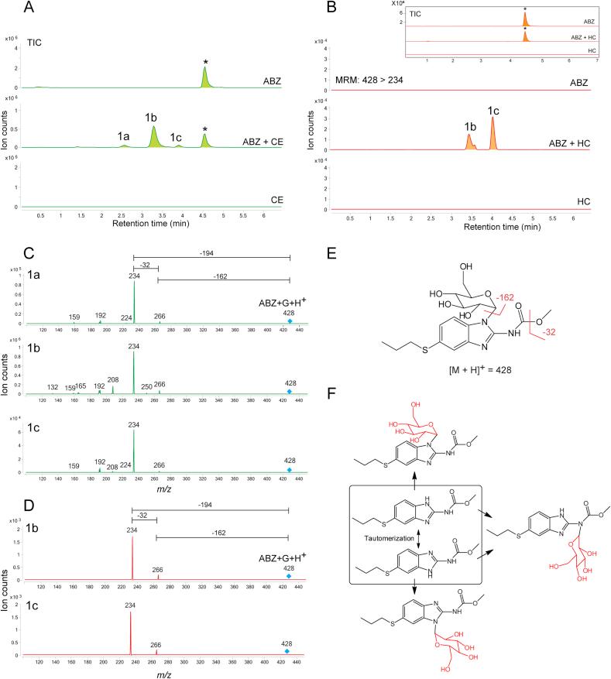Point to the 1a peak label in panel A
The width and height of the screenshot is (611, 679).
[124, 136]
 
